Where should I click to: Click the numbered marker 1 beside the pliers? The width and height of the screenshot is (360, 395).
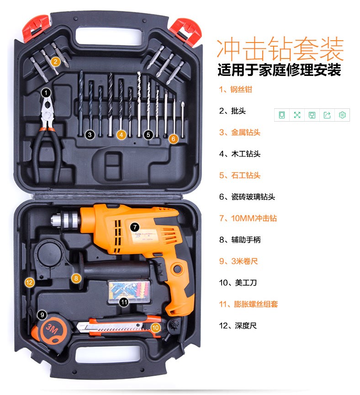click(46, 93)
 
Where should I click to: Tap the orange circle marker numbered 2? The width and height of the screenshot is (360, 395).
click(55, 62)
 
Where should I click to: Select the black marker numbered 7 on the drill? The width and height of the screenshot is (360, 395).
click(135, 227)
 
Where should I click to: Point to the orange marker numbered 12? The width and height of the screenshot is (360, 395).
click(29, 283)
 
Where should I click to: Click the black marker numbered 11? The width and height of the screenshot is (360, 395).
click(124, 302)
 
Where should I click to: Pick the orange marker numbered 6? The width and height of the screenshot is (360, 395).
click(173, 139)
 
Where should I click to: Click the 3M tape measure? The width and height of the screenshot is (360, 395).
click(50, 330)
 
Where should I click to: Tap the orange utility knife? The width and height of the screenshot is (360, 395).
click(118, 326)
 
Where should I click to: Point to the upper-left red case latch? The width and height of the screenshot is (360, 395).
click(35, 28)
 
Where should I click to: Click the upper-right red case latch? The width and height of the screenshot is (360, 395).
click(186, 32)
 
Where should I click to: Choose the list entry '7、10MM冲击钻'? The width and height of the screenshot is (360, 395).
click(248, 218)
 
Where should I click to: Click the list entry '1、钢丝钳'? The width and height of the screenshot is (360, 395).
click(235, 90)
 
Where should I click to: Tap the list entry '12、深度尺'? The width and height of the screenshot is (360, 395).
click(238, 326)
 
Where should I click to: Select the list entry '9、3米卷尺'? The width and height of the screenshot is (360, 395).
click(238, 261)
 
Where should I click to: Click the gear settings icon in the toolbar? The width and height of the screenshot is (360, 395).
click(342, 115)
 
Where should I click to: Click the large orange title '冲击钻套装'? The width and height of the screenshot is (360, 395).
click(280, 49)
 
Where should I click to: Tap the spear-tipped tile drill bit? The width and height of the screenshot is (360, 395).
click(183, 119)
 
